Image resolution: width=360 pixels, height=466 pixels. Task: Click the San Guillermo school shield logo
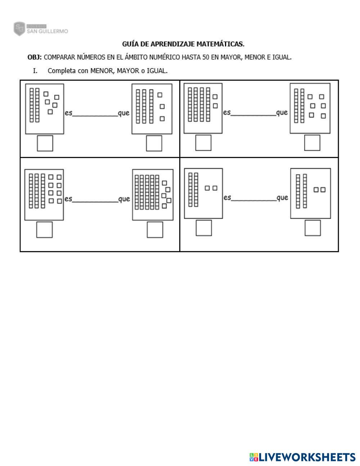coord(19,29)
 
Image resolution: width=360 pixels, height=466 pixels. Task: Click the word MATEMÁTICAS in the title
coord(220,44)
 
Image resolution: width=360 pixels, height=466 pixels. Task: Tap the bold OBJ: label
coord(35,57)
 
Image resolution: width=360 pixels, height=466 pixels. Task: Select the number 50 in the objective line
coord(206,57)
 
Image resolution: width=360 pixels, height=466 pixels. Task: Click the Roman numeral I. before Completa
coord(35,71)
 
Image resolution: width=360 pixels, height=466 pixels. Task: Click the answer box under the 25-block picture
coord(45,143)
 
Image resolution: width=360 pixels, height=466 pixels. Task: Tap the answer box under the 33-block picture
coord(154,143)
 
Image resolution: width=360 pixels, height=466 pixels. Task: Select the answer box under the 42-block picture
coord(203,143)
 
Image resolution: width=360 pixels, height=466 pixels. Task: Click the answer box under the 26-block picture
coord(312,143)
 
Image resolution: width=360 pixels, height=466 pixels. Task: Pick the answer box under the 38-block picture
coord(44,230)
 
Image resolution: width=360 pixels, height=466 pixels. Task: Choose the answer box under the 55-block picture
coord(155,230)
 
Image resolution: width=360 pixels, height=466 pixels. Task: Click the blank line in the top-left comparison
coord(95,116)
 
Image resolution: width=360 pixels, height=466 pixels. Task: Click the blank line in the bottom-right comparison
coord(254,201)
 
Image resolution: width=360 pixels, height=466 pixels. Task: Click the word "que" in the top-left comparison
coord(124,113)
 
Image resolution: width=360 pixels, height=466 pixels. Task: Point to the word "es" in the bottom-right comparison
coord(228,197)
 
